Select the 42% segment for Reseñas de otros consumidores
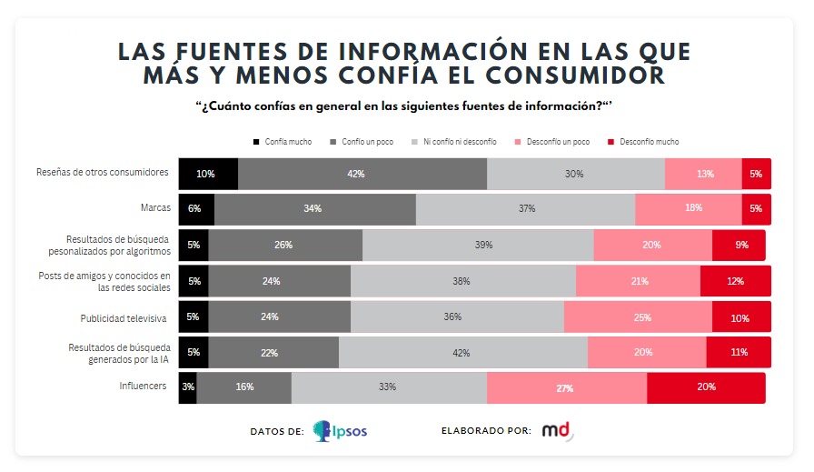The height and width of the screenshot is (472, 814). tap(362, 174)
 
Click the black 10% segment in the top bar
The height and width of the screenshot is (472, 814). tap(208, 174)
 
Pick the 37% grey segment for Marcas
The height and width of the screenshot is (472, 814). tap(525, 209)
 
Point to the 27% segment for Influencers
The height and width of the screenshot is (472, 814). tap(566, 387)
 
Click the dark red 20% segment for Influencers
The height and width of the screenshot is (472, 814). tap(706, 387)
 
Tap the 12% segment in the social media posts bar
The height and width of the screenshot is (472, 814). tap(735, 281)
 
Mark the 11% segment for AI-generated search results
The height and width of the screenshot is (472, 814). tap(738, 352)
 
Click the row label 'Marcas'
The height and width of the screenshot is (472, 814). tap(155, 208)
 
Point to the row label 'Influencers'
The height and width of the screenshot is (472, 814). tap(143, 387)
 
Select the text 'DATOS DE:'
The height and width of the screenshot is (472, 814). tap(276, 431)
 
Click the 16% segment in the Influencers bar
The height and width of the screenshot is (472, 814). tap(243, 387)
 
